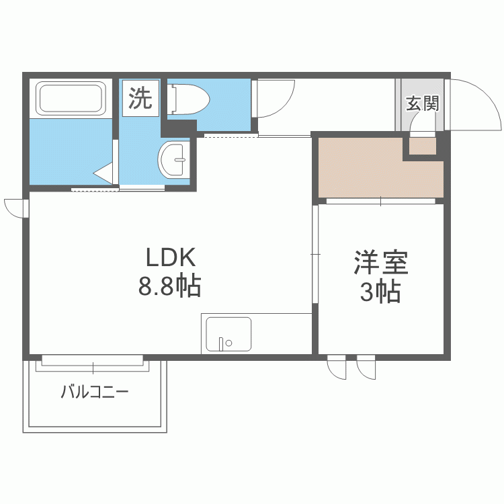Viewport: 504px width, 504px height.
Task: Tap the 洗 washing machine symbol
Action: click(141, 99)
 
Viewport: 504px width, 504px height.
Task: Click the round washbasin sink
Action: click(175, 160)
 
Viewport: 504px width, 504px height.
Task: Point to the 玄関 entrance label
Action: click(422, 103)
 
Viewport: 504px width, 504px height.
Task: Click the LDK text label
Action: click(171, 258)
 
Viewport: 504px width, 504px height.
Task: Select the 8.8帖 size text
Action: click(170, 287)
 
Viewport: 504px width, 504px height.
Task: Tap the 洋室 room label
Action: click(382, 263)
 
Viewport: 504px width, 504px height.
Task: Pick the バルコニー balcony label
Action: click(94, 392)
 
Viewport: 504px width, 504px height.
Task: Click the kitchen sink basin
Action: click(228, 334)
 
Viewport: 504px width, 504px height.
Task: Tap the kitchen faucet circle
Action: click(229, 343)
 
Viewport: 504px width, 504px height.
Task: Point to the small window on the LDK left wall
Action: click(15, 208)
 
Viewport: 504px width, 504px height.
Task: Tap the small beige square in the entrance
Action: click(423, 146)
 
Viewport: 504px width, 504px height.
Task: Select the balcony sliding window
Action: click(94, 363)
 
